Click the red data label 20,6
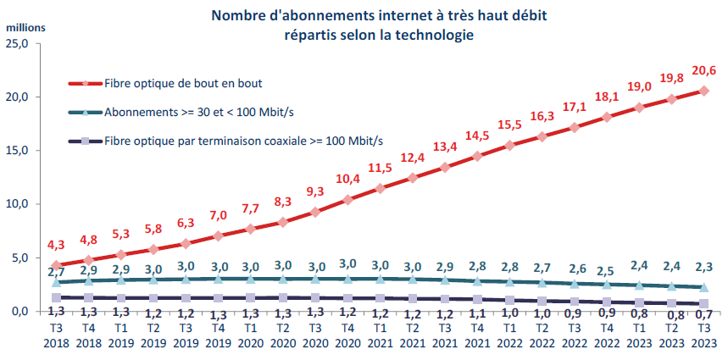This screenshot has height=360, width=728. (x=703, y=71)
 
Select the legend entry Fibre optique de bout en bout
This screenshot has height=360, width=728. (x=181, y=83)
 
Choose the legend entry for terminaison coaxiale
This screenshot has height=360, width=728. (x=242, y=140)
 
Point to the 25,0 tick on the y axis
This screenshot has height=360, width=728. (x=18, y=43)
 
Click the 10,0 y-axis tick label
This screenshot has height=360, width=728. (x=18, y=204)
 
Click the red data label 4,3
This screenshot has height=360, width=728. (x=56, y=245)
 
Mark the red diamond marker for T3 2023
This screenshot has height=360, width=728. (x=703, y=91)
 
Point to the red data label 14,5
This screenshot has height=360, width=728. (x=476, y=135)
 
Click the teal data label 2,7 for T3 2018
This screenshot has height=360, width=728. (x=55, y=271)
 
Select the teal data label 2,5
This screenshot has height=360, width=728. (x=606, y=270)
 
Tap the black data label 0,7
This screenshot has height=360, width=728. (x=703, y=315)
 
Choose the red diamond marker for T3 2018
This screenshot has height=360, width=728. (x=57, y=265)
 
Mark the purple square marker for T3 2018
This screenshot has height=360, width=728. (x=57, y=297)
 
